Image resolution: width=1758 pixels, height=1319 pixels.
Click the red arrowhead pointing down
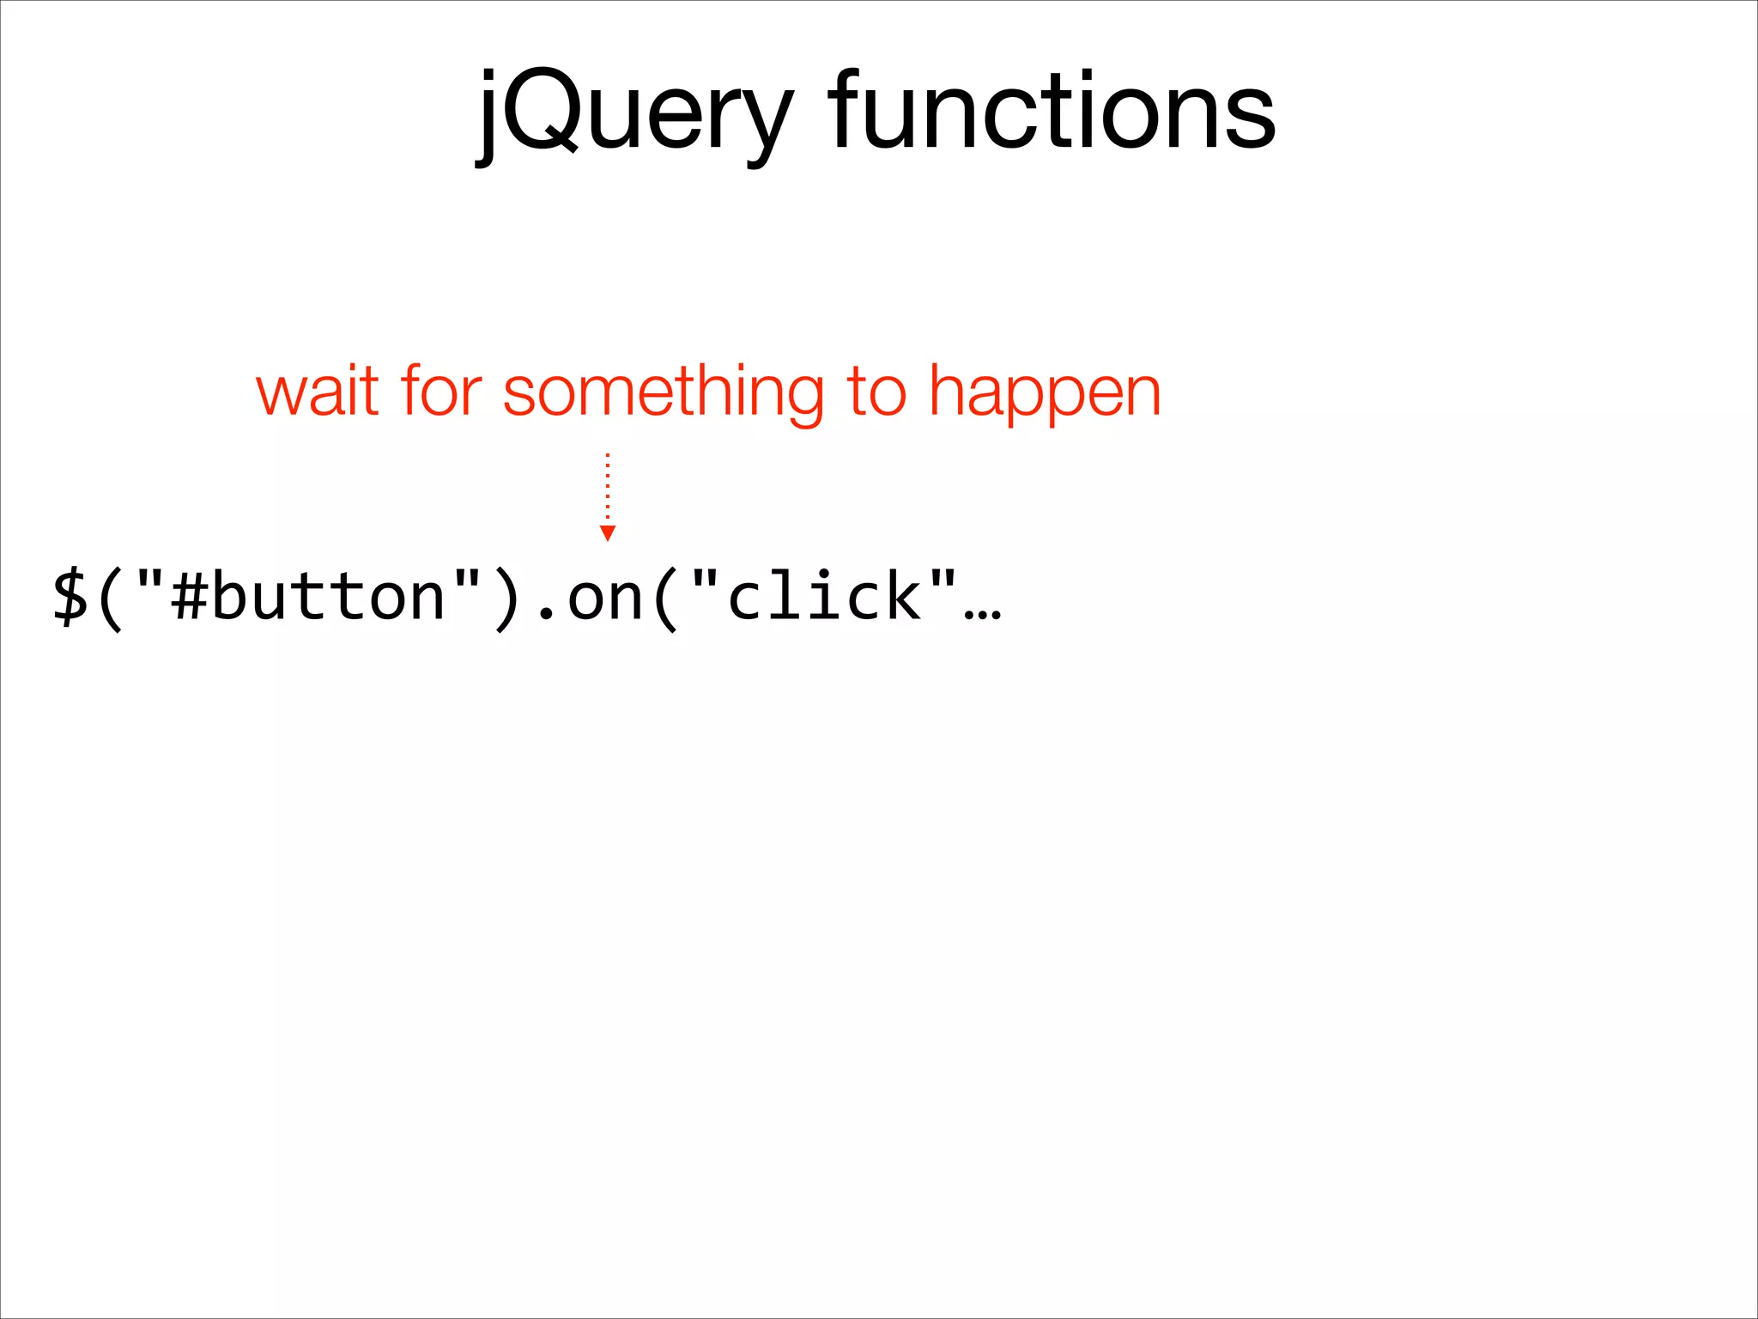pos(608,533)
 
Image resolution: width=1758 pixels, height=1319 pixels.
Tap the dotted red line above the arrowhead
pos(608,486)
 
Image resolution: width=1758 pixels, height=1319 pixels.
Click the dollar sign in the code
pos(70,598)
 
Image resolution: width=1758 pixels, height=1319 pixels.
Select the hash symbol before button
pos(189,598)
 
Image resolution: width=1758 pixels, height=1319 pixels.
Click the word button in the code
pos(328,598)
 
